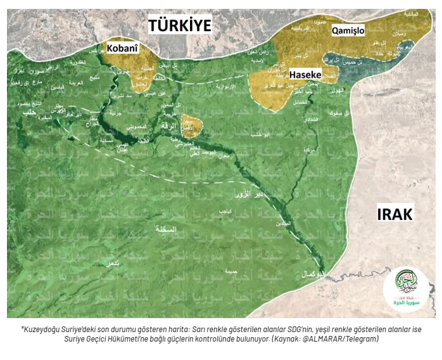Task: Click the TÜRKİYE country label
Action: [179, 25]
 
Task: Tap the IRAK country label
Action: [394, 214]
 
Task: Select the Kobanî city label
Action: [122, 48]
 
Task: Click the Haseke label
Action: [306, 75]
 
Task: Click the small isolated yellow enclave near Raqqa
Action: [191, 125]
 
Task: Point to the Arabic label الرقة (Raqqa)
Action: [169, 125]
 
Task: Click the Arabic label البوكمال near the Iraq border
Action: [313, 274]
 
